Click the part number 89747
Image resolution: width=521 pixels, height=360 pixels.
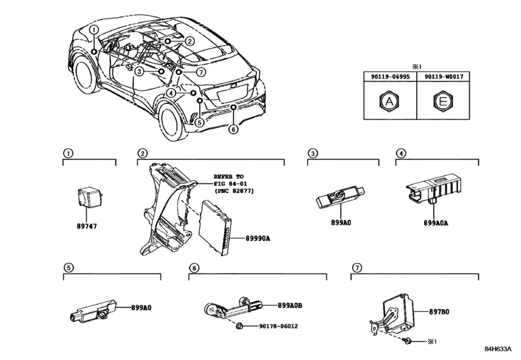coord(87,226)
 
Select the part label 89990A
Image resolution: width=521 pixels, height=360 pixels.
coord(258,239)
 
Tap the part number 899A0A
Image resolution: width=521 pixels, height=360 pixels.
coord(436,223)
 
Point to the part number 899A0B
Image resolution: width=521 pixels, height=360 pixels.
coord(290,305)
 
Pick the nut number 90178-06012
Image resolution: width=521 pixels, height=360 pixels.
coord(278,326)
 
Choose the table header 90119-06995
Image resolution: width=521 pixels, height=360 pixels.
coord(391,76)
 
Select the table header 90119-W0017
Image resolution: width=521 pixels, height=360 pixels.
coord(443,76)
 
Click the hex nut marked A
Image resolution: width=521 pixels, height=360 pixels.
coord(389,101)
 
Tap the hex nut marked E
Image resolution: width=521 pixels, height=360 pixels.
coord(443,101)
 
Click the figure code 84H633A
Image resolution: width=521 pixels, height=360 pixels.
coord(498,349)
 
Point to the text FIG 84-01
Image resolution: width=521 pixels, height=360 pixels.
coord(230,183)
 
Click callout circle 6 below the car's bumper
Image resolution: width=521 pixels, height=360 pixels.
coord(234,129)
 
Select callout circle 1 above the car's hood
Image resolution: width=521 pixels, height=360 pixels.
coord(94,30)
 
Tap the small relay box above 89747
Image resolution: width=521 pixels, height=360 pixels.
coord(89,197)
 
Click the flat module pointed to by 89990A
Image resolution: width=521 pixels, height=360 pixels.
coord(215,228)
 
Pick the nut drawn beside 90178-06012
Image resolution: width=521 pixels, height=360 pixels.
coord(239,326)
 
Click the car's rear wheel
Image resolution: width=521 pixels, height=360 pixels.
coord(173,122)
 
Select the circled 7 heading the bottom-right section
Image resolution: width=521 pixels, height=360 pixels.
coord(357,267)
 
